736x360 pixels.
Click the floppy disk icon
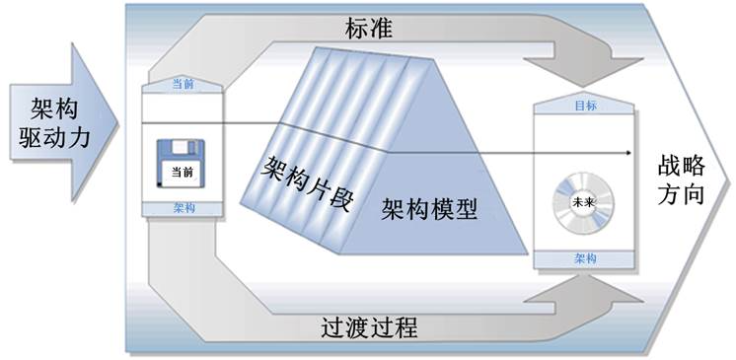pyautogui.click(x=179, y=165)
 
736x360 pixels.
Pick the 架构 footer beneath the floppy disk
pyautogui.click(x=183, y=208)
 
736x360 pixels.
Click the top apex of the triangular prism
pyautogui.click(x=318, y=49)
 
